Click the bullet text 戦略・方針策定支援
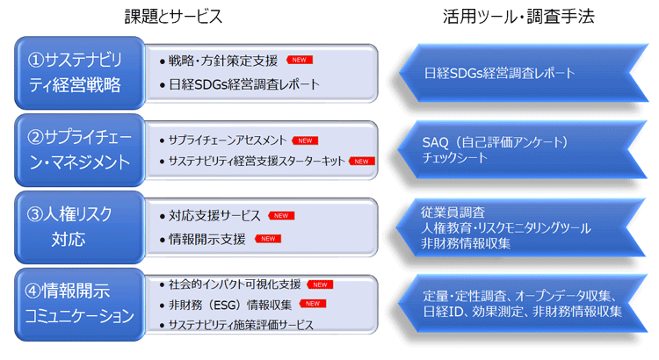click(223, 61)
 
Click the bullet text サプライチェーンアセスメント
click(228, 140)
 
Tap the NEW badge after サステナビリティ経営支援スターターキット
click(362, 162)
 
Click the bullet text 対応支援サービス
click(215, 215)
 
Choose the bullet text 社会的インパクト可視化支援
click(235, 284)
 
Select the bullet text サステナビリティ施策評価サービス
click(242, 325)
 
